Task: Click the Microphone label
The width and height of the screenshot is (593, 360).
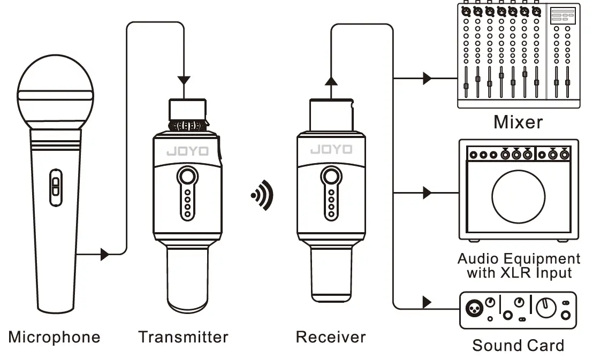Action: pos(54,338)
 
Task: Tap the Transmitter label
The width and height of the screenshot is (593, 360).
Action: pos(183,337)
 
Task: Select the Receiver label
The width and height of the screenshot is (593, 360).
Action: pos(331,337)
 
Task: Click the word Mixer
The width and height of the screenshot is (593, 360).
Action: pos(518,122)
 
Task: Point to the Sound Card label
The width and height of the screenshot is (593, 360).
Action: pos(518,346)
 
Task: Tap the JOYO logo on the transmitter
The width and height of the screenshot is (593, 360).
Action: pos(187,151)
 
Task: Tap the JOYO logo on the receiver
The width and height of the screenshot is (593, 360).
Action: pos(331,150)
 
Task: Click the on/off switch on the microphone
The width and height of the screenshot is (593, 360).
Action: pos(55,187)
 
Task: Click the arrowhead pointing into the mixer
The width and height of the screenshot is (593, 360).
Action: pos(427,78)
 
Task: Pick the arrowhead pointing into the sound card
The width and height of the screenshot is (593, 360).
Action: pos(427,303)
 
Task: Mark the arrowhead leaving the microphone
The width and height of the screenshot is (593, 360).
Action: pos(105,254)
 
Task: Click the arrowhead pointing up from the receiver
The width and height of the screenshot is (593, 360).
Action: pos(331,81)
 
